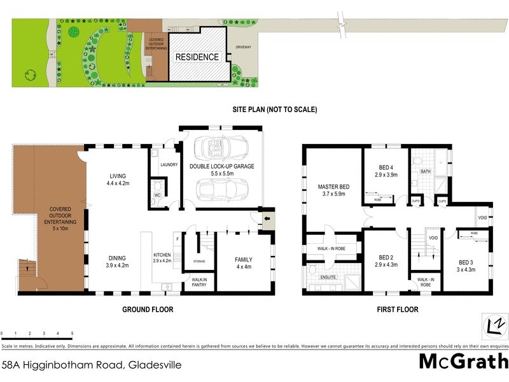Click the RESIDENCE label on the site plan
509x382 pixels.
coord(197,57)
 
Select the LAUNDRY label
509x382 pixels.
coord(169,165)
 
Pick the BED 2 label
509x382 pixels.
coord(386,260)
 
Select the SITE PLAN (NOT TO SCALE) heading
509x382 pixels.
coord(274,110)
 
